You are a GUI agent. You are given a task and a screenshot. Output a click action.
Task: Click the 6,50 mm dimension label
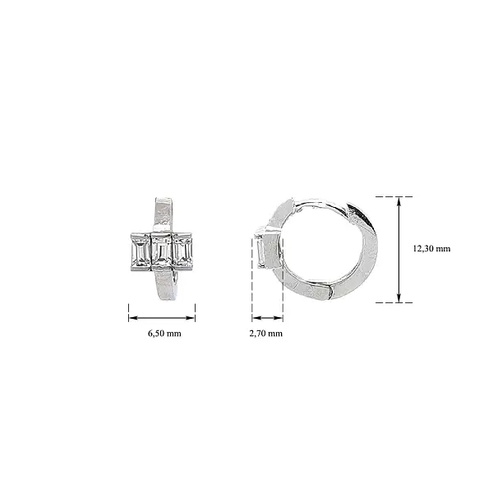164,334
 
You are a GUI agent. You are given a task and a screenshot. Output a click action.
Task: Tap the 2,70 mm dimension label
265,334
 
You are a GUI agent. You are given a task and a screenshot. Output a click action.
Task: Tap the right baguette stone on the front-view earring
183,251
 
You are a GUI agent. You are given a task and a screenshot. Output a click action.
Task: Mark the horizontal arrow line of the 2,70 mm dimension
267,316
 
